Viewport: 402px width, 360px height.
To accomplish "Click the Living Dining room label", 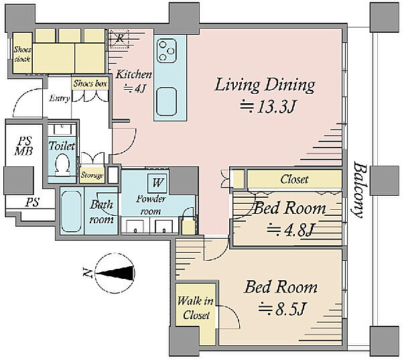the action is pyautogui.click(x=265, y=85).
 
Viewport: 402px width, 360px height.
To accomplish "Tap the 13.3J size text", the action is pyautogui.click(x=269, y=107).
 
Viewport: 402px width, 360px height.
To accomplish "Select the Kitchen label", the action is pyautogui.click(x=133, y=74).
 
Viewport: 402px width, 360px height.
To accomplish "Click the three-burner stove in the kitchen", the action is pyautogui.click(x=167, y=51).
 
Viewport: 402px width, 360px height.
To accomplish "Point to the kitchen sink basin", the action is pyautogui.click(x=167, y=102).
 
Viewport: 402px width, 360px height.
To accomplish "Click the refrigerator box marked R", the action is pyautogui.click(x=119, y=39).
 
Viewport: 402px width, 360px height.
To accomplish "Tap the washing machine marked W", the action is pyautogui.click(x=157, y=183).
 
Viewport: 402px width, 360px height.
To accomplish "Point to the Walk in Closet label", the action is pyautogui.click(x=196, y=308).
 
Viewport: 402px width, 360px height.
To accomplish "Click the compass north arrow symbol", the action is pyautogui.click(x=115, y=273).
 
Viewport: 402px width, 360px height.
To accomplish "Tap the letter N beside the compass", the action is pyautogui.click(x=87, y=272).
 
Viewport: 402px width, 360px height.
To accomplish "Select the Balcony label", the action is pyautogui.click(x=359, y=189).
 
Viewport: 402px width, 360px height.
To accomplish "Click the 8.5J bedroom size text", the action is pyautogui.click(x=282, y=310).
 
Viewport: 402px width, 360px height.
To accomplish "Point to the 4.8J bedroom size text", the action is pyautogui.click(x=290, y=230).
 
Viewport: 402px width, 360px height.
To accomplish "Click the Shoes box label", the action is pyautogui.click(x=90, y=83).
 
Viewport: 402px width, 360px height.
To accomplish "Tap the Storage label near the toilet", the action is pyautogui.click(x=92, y=175).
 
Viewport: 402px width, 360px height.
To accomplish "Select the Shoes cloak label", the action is pyautogui.click(x=22, y=54).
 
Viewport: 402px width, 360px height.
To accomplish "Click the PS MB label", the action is pyautogui.click(x=23, y=145).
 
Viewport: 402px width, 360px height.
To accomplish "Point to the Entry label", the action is pyautogui.click(x=60, y=99).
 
